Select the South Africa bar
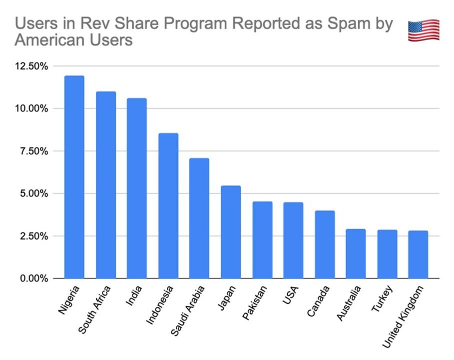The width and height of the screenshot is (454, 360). pos(105,185)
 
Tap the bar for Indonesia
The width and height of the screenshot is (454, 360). pos(168,205)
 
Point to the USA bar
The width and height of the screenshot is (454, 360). pos(293,240)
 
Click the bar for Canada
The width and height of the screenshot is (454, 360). pos(325,244)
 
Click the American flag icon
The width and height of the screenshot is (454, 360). pos(424,30)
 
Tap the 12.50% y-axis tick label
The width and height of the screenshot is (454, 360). pos(32,66)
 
